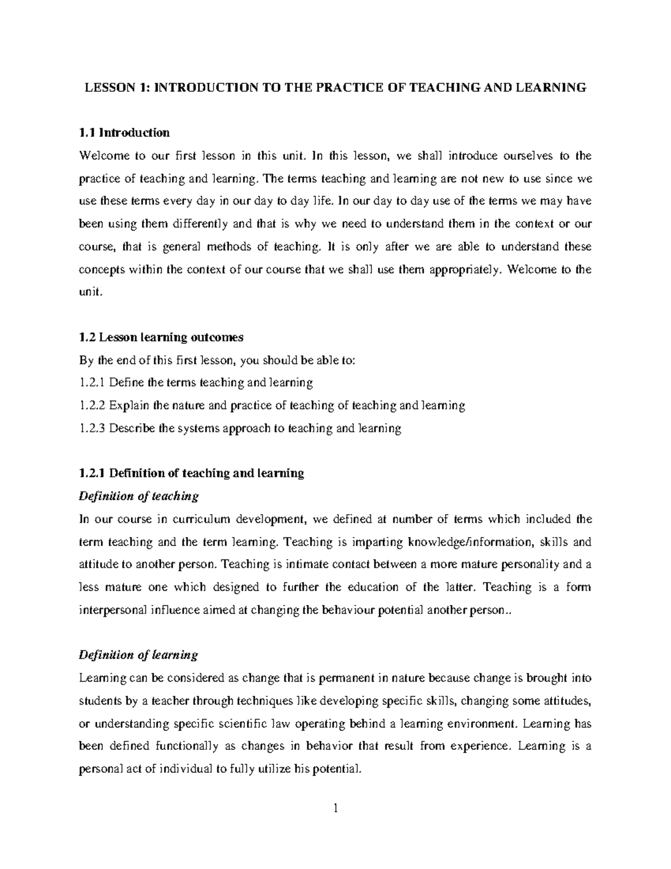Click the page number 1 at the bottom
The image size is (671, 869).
[x=335, y=824]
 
